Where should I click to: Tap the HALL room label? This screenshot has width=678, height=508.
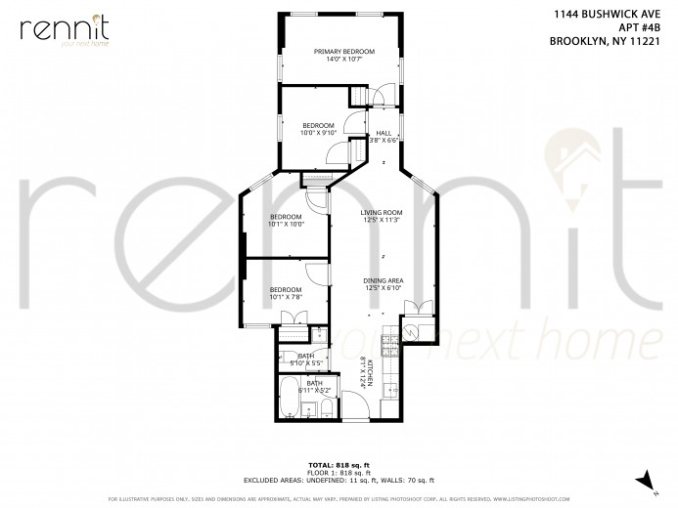(x=384, y=133)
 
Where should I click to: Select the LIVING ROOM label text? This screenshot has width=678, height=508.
(x=383, y=212)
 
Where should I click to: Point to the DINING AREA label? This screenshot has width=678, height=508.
(x=383, y=280)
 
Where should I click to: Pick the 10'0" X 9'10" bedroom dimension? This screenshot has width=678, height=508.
(x=318, y=133)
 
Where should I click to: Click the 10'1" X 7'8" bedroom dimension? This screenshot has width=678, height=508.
(x=286, y=297)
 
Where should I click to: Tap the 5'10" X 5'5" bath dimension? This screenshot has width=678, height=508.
(x=306, y=362)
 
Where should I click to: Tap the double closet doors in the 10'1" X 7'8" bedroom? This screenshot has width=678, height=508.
(x=291, y=317)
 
